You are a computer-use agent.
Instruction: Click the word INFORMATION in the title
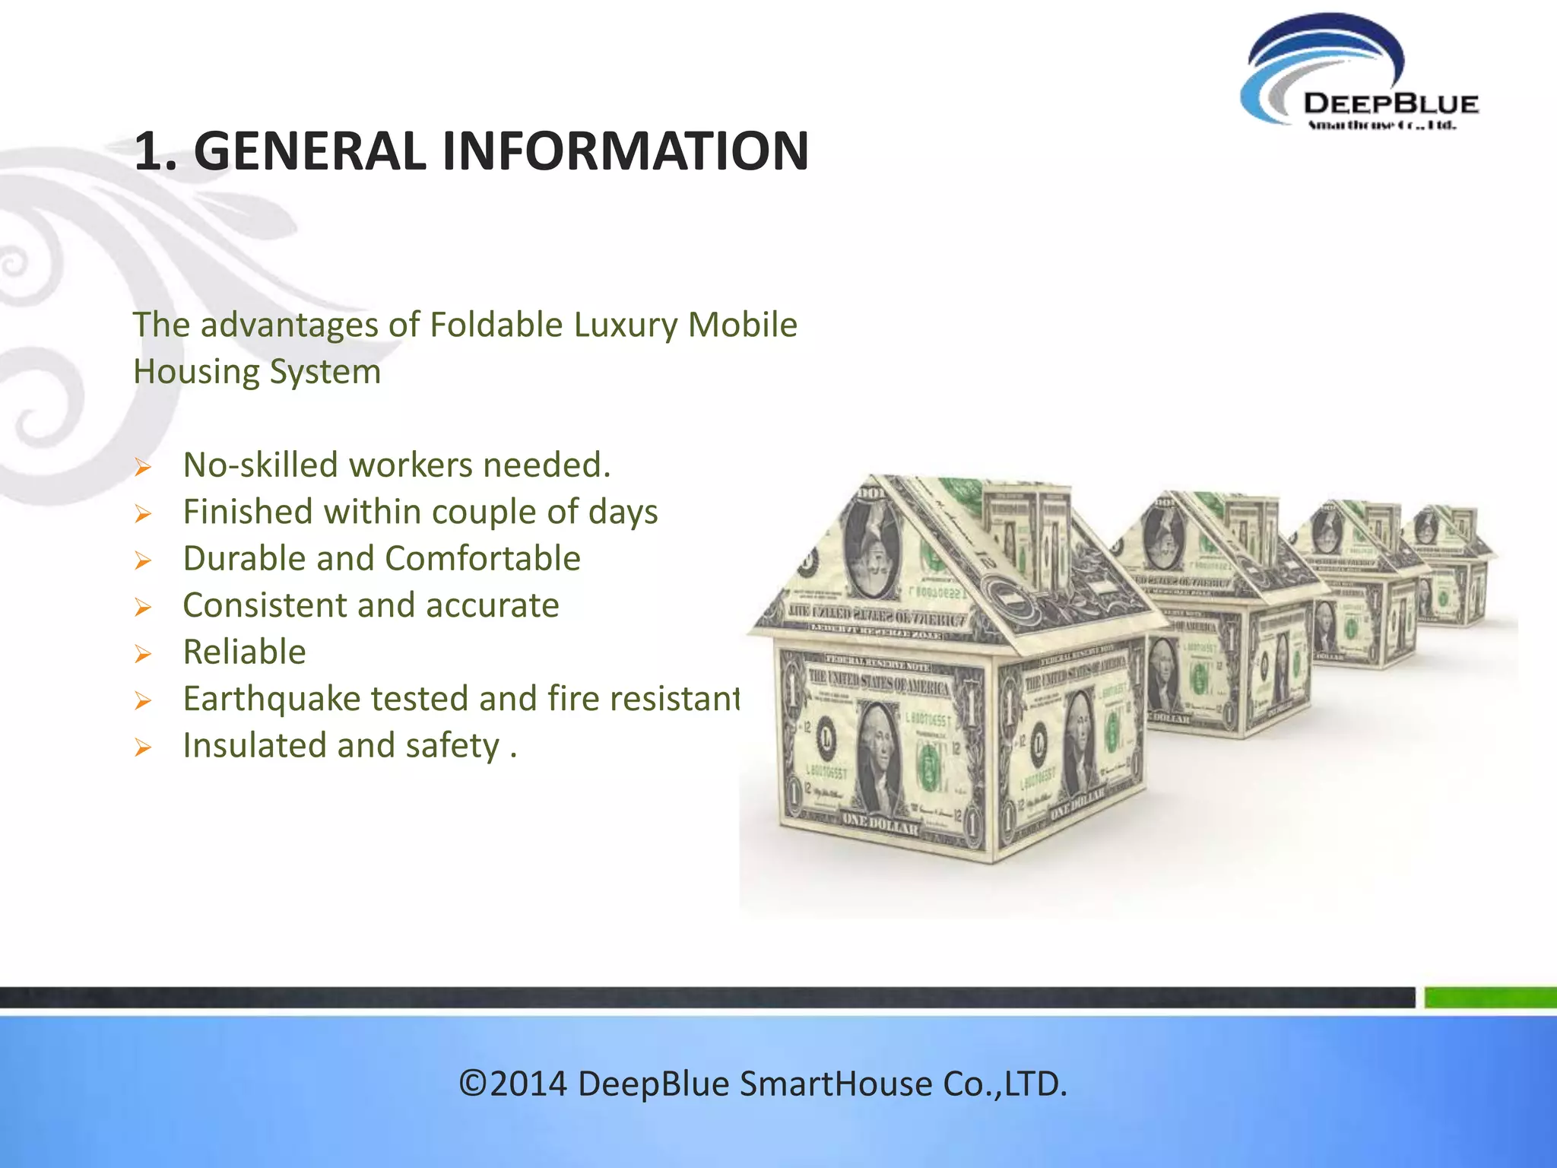click(x=625, y=151)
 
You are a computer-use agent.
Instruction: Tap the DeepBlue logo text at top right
click(x=1390, y=104)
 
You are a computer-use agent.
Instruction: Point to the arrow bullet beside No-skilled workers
click(x=143, y=468)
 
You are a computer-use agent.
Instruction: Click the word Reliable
click(x=244, y=652)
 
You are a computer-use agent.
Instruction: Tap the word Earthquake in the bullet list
click(x=271, y=700)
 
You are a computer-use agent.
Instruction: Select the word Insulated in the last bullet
click(x=255, y=746)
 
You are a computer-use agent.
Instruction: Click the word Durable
click(x=244, y=559)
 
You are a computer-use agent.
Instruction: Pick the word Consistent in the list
click(x=264, y=606)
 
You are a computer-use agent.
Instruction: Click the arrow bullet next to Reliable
click(x=143, y=655)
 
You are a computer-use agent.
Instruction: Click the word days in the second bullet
click(x=623, y=513)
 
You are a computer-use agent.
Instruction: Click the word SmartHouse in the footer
click(x=835, y=1084)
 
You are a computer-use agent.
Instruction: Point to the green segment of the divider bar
click(x=1490, y=997)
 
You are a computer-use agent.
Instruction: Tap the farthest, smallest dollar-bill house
click(x=1448, y=567)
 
